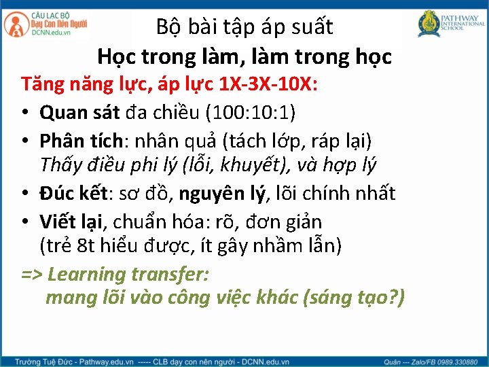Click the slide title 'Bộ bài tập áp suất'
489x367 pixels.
[x=244, y=27]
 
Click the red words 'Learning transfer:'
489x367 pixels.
[x=129, y=275]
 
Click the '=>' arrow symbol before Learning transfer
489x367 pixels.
[x=33, y=275]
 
